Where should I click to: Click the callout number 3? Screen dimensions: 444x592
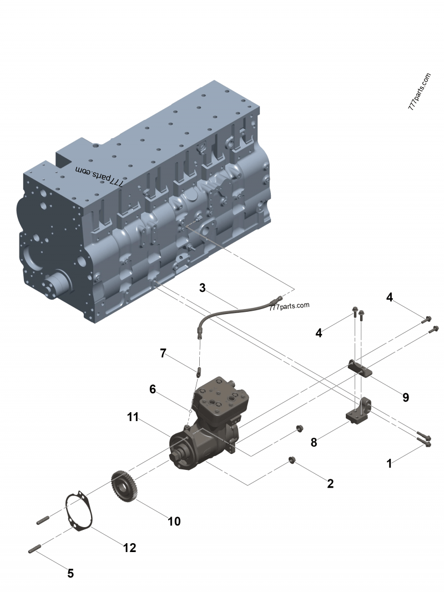pyautogui.click(x=203, y=288)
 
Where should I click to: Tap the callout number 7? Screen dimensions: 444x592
pyautogui.click(x=163, y=353)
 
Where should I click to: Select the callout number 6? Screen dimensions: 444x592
pyautogui.click(x=153, y=389)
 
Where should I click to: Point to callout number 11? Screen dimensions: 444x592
pyautogui.click(x=133, y=417)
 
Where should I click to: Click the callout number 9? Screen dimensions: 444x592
pyautogui.click(x=406, y=397)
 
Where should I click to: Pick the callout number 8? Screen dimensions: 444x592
pyautogui.click(x=314, y=442)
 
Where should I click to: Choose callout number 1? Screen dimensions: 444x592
pyautogui.click(x=390, y=463)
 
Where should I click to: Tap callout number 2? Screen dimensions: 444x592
pyautogui.click(x=330, y=483)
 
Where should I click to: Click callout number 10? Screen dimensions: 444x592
pyautogui.click(x=174, y=521)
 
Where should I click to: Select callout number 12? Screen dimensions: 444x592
pyautogui.click(x=129, y=548)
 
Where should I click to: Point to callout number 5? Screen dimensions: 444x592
pyautogui.click(x=70, y=573)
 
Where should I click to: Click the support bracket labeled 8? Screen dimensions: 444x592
pyautogui.click(x=359, y=414)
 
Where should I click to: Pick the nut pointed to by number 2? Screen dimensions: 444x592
pyautogui.click(x=291, y=459)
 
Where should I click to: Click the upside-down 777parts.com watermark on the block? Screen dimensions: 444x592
pyautogui.click(x=99, y=176)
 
